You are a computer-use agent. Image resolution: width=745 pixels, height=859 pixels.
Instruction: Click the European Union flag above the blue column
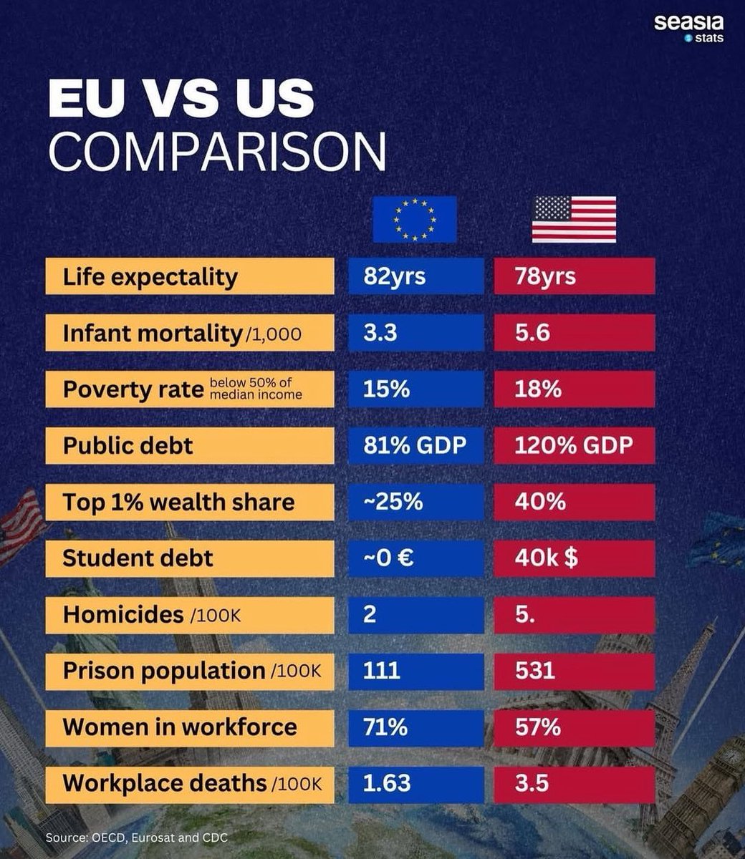coord(415,219)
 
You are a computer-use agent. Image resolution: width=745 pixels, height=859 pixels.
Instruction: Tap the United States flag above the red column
coord(574,219)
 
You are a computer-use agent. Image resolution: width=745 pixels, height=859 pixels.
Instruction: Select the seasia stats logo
coord(688,28)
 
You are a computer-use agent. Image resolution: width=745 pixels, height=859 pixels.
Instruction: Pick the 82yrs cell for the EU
coord(416,276)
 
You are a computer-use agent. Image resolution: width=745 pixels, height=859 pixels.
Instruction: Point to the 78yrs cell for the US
coord(575,276)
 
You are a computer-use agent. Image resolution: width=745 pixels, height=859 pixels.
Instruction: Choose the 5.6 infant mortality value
coord(575,333)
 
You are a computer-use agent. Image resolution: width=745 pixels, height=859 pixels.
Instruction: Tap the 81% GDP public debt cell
coord(416,445)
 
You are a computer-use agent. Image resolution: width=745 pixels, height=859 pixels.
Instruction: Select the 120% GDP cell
coord(575,445)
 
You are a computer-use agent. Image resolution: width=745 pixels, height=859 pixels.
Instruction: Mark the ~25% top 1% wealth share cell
coord(416,502)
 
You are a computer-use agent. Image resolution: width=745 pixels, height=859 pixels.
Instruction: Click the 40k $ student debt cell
coord(575,558)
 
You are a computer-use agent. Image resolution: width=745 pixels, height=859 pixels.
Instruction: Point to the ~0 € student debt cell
coord(416,558)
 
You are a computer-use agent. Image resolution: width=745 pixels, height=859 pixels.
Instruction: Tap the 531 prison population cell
coord(575,671)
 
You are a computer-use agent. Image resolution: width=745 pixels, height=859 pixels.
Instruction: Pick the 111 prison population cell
coord(416,671)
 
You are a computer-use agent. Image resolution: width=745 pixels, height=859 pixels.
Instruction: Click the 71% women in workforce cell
coord(416,727)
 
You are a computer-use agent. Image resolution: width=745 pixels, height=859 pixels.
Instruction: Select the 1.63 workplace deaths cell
coord(416,783)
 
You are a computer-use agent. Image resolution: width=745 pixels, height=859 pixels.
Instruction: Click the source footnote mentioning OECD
coord(136,837)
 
